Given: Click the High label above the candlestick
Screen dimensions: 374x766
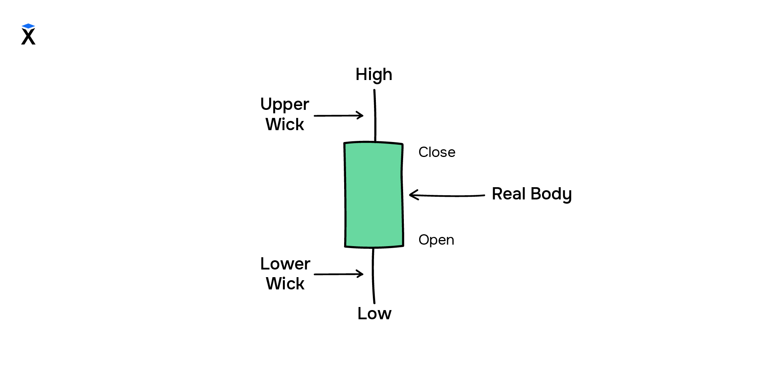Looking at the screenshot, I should point(374,74).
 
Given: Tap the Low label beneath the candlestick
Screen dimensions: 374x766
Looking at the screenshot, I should point(374,314).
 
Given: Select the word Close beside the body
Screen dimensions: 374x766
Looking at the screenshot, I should point(437,152).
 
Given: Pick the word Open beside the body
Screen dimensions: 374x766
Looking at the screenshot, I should point(436,240).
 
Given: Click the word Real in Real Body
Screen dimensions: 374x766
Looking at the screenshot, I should point(508,194).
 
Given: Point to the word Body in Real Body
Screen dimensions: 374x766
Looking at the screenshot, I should point(551,194).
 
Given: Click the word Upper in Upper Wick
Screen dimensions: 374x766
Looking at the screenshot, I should point(284,105).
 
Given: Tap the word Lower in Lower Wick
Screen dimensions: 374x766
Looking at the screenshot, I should point(285,264).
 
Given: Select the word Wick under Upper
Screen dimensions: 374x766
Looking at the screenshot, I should point(285,124).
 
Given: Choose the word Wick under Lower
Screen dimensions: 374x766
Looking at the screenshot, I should point(285,284).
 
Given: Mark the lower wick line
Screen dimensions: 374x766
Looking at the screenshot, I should point(373,276).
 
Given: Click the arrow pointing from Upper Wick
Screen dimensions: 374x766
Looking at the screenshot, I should point(338,115).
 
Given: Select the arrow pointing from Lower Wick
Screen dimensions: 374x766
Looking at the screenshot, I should point(338,274).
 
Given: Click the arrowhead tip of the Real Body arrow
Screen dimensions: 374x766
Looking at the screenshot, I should point(410,195).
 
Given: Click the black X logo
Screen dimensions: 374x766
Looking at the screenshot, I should point(28,37).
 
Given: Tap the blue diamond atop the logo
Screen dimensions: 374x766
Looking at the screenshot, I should point(28,26).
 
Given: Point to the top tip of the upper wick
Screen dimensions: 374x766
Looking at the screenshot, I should point(374,91).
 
